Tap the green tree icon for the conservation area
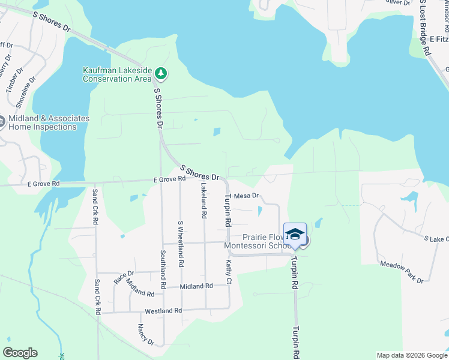[160, 74]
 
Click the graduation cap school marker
[295, 235]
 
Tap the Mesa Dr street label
[246, 196]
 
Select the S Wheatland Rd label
[180, 244]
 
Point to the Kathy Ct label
[228, 271]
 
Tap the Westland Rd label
[163, 311]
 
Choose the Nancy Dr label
[146, 335]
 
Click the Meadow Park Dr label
[402, 272]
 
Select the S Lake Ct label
[436, 239]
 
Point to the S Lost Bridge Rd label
[425, 29]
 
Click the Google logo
[20, 353]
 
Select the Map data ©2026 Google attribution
[412, 355]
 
